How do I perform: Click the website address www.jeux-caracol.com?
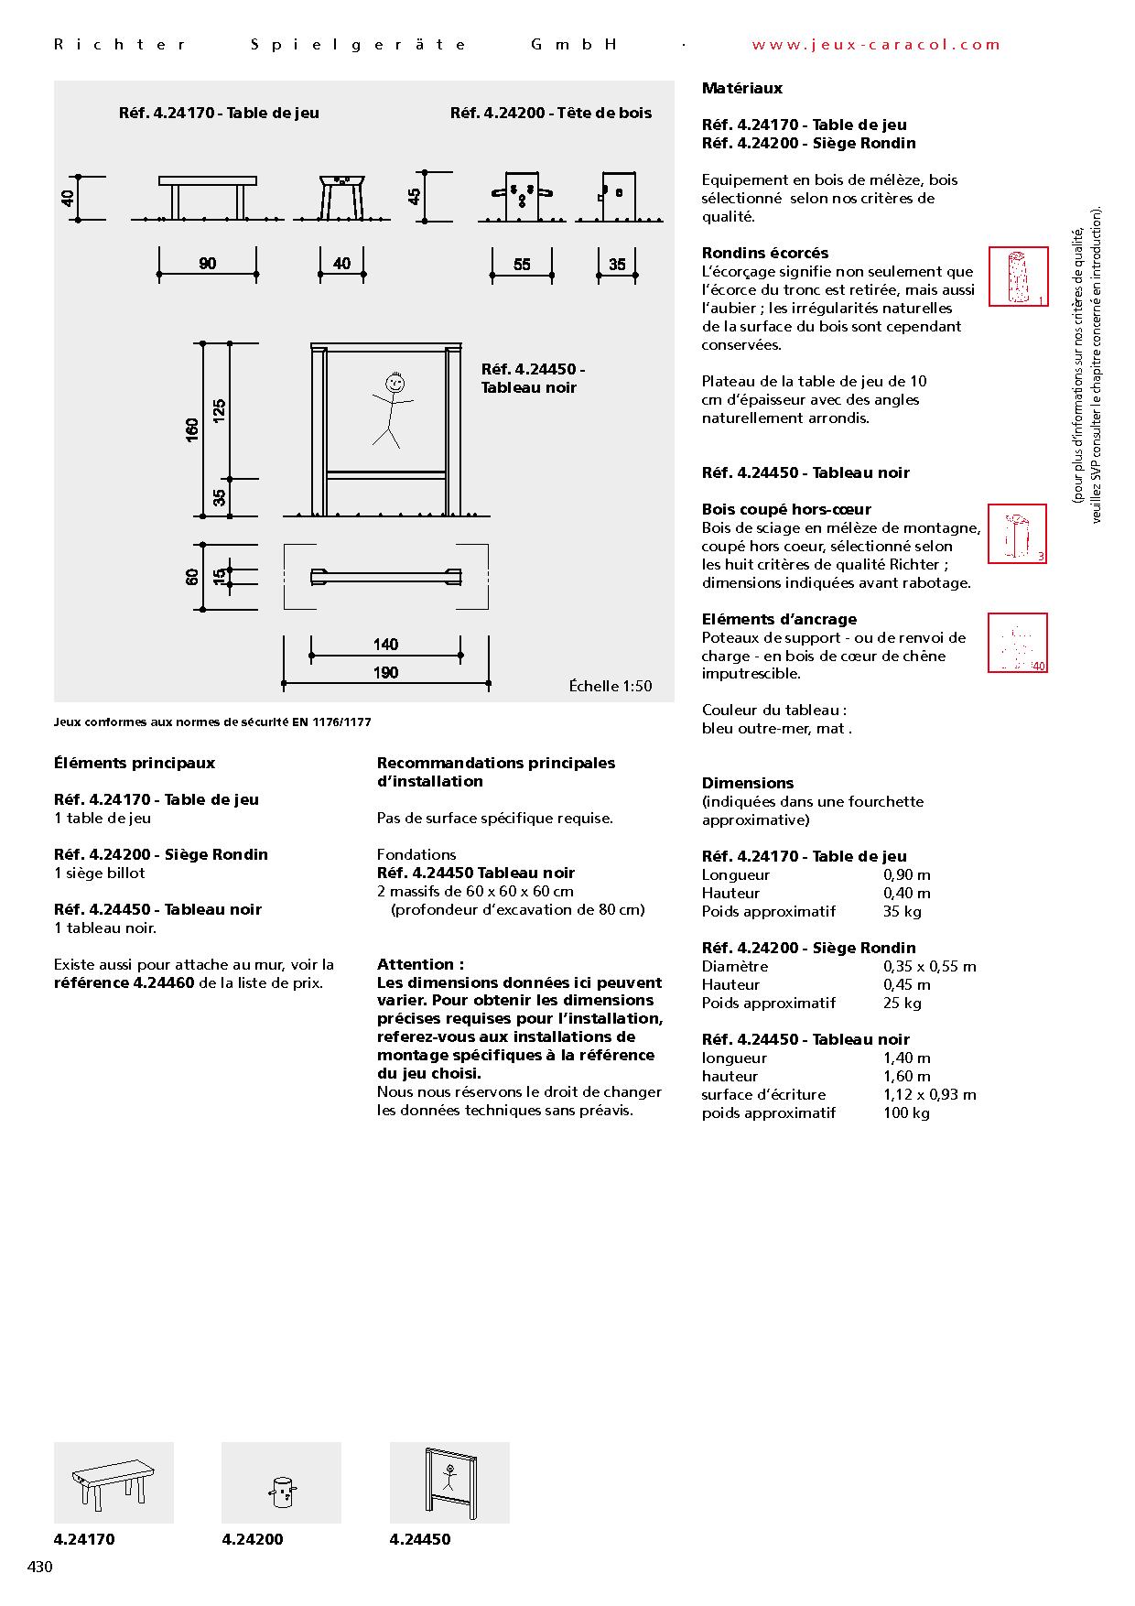click(x=876, y=44)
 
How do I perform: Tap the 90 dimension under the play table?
click(x=208, y=264)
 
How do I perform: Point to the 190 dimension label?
click(x=385, y=673)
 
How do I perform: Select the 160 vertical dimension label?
click(x=192, y=429)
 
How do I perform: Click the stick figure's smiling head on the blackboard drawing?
click(x=395, y=383)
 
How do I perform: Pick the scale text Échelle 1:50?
click(x=611, y=686)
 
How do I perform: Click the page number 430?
click(x=40, y=1567)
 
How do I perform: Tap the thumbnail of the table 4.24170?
click(x=113, y=1482)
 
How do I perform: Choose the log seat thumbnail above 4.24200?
click(x=281, y=1482)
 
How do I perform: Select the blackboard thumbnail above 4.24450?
click(x=449, y=1482)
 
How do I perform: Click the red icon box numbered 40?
click(x=1018, y=643)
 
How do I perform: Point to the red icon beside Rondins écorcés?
click(x=1018, y=277)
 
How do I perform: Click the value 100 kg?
click(x=906, y=1112)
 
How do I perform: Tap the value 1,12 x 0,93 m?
click(x=929, y=1094)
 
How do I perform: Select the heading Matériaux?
click(x=742, y=89)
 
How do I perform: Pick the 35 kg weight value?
click(x=903, y=911)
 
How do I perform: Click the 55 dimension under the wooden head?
click(x=522, y=265)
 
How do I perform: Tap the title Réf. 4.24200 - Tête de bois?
click(x=551, y=113)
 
